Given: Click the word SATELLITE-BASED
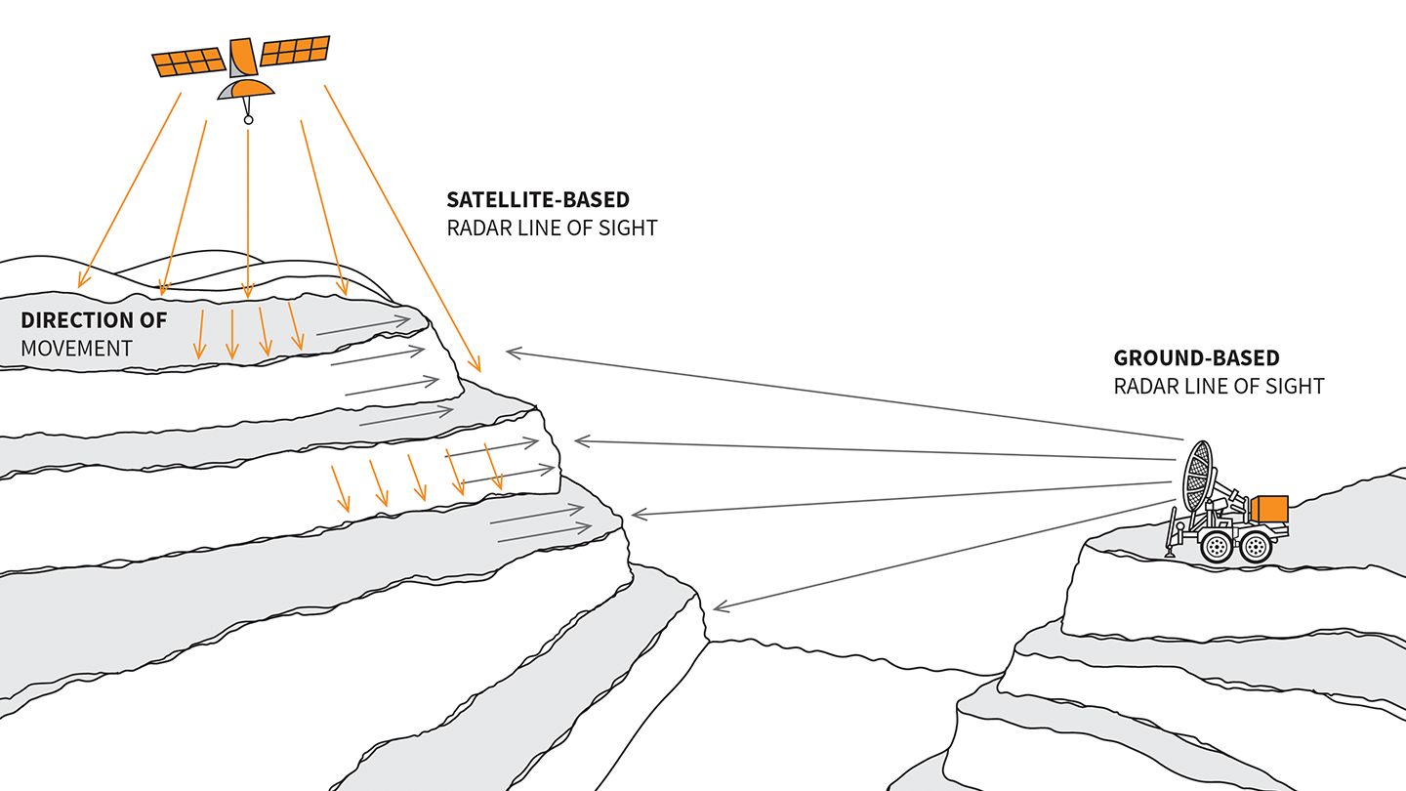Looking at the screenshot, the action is [x=538, y=199].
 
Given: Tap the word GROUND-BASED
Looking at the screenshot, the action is [x=1196, y=357].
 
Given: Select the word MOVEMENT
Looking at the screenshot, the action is [x=76, y=349].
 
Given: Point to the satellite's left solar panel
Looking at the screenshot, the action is [x=188, y=62].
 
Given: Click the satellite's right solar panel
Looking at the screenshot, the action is [x=295, y=50].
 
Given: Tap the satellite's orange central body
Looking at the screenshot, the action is [x=243, y=57].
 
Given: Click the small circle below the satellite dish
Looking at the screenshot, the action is [x=249, y=120].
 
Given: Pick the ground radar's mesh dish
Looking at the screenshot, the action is [x=1198, y=476].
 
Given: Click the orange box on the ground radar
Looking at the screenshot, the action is [x=1269, y=509].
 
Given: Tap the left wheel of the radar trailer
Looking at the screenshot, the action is [x=1217, y=548].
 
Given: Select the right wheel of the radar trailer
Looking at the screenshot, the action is [x=1256, y=548].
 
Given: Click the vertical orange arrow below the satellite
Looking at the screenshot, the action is [x=248, y=214].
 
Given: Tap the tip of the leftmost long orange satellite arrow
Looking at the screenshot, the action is [x=79, y=287].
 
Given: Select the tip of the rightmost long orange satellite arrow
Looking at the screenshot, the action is [x=480, y=372].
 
